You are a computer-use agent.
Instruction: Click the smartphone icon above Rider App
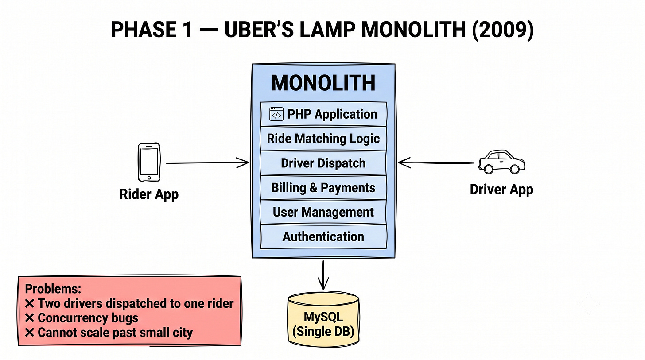(x=149, y=163)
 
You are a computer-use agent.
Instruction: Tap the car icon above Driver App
(x=501, y=162)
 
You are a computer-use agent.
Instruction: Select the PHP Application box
(x=323, y=114)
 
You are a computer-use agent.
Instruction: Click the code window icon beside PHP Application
(x=276, y=114)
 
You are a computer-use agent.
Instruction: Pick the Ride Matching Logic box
(x=323, y=139)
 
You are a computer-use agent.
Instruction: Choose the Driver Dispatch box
(x=323, y=163)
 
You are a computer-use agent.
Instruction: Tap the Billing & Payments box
(x=323, y=188)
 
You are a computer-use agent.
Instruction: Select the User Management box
(x=323, y=212)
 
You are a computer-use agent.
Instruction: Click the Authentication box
(x=323, y=236)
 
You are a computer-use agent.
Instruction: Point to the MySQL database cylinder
(x=323, y=319)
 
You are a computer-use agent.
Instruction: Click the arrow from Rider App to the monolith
(x=207, y=163)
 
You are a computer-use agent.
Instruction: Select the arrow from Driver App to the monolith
(x=436, y=163)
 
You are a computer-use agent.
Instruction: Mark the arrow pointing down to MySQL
(x=323, y=275)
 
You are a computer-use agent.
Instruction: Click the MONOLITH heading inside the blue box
(x=323, y=83)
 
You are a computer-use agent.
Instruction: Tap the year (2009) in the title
(x=503, y=30)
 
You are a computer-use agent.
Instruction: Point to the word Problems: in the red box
(x=53, y=289)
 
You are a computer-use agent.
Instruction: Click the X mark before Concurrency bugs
(x=29, y=318)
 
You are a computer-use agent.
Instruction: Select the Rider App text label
(x=149, y=194)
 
